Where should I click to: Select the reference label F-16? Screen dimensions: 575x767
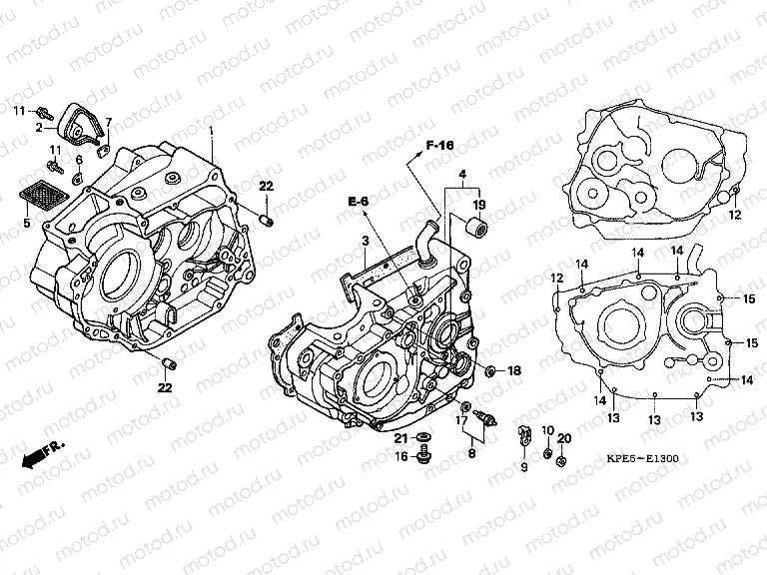point(439,147)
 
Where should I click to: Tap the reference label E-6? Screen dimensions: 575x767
point(359,202)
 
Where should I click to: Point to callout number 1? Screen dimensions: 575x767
point(211,131)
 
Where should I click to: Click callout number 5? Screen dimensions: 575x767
point(27,225)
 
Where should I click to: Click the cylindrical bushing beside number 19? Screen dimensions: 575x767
point(478,229)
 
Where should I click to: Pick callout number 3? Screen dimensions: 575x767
point(367,242)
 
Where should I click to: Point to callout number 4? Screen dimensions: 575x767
point(461,175)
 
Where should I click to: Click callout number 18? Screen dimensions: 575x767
point(514,371)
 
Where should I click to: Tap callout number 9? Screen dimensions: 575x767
point(522,466)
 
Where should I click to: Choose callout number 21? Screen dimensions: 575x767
point(399,438)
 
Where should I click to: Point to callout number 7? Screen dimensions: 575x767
point(108,123)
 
